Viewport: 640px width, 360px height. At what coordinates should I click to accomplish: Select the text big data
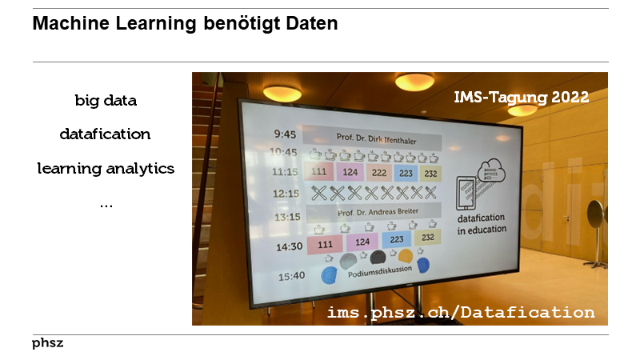106,101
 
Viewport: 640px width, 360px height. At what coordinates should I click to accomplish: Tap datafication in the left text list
106,134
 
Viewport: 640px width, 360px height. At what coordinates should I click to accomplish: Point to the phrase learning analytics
106,169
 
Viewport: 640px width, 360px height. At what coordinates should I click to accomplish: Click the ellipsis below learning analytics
106,205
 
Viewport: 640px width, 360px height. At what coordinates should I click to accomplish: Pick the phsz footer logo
48,343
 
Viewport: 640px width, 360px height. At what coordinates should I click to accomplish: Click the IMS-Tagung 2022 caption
521,98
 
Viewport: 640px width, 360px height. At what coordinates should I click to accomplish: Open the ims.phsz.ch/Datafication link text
461,312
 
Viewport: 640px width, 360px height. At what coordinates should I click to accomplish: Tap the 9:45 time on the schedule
284,134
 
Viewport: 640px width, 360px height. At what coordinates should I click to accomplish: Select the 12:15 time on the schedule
286,193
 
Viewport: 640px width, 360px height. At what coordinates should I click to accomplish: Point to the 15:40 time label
291,275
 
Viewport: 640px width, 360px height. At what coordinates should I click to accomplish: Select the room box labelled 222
379,173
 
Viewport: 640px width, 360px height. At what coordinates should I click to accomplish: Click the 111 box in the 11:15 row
319,171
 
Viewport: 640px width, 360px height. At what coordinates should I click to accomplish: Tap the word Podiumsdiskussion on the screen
380,269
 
